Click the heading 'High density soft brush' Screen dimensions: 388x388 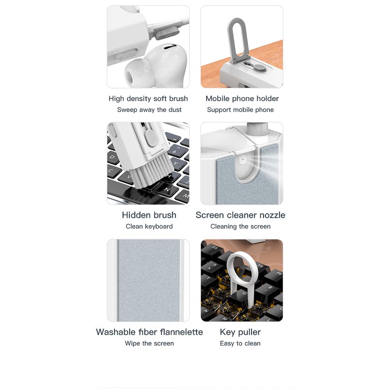[148, 98]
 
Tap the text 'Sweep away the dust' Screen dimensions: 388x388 [149, 110]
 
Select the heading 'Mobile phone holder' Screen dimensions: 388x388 [242, 98]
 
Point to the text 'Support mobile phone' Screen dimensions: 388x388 [240, 110]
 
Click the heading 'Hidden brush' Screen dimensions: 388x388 [149, 215]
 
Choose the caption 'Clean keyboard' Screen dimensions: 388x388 [149, 226]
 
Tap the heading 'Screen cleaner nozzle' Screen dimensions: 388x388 [240, 215]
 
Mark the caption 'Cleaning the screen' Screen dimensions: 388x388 [240, 226]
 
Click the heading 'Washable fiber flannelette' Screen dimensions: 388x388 [149, 332]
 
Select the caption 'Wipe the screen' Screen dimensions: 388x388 [149, 343]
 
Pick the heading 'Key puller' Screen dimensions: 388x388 [240, 332]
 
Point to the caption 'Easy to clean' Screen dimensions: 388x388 [240, 343]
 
